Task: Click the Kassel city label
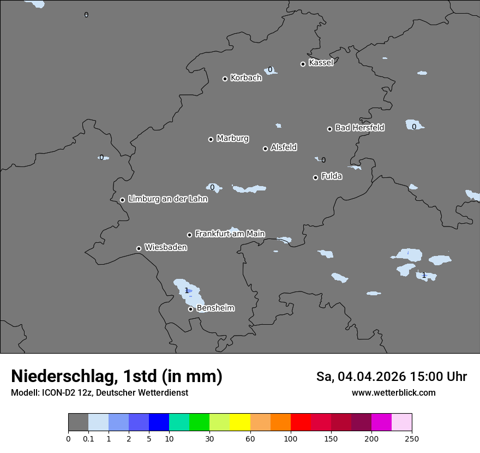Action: (321, 63)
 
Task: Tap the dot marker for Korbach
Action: (225, 79)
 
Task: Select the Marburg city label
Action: (232, 139)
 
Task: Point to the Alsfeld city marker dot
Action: (265, 148)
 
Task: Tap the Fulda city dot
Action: (315, 177)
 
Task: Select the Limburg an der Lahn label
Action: (167, 199)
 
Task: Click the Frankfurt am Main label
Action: (230, 234)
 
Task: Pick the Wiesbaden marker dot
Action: (139, 248)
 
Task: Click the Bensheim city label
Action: (215, 308)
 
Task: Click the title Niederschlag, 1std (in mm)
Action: (117, 377)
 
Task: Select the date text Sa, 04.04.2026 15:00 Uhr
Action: (392, 377)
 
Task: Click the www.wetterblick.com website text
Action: (393, 393)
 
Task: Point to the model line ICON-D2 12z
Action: (99, 393)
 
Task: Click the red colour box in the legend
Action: (301, 422)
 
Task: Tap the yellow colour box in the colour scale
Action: (240, 422)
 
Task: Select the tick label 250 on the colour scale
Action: (412, 438)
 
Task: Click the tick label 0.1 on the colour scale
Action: (88, 438)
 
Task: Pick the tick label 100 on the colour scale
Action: (291, 438)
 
